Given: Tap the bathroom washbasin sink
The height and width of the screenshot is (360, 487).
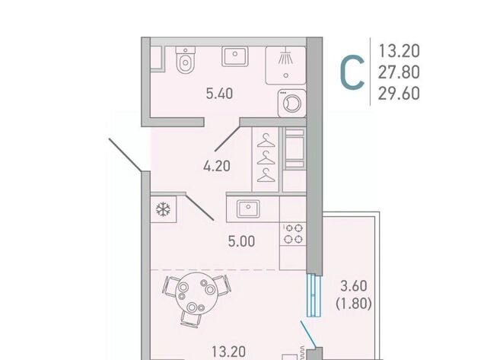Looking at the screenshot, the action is [235, 56].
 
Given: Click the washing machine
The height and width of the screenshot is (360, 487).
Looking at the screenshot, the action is [292, 103].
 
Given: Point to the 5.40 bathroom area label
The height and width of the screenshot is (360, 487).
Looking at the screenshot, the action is [220, 94].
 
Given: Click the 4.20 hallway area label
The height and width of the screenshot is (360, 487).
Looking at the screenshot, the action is [217, 166].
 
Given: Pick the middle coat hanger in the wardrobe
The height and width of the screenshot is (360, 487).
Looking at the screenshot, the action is [266, 158].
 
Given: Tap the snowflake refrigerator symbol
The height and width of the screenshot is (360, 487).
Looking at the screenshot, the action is [163, 209].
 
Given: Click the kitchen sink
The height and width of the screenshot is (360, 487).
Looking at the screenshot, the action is [248, 209].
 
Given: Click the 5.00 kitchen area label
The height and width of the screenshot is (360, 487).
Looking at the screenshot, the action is [242, 241].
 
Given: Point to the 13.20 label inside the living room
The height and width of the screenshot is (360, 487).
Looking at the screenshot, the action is [228, 352].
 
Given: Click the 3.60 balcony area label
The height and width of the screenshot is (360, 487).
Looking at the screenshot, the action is [354, 286].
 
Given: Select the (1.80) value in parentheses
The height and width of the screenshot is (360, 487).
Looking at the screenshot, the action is [354, 304].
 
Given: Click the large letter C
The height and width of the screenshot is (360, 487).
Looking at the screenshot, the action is [352, 72].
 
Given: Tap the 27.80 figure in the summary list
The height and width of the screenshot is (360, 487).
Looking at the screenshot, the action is [399, 72].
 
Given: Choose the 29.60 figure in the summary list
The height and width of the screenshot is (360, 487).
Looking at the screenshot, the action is [399, 93].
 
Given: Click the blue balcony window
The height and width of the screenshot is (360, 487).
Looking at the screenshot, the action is [314, 295].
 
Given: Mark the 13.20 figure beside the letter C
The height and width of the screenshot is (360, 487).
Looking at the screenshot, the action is [399, 51].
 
